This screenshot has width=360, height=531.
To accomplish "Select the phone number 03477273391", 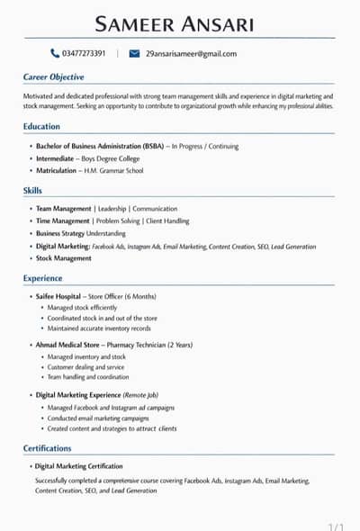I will point(91,54).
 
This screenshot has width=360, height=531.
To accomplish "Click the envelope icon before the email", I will point(134,54).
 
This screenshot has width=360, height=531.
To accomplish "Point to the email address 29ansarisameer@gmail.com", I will point(191,54).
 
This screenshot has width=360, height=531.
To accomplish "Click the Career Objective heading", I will point(54,77).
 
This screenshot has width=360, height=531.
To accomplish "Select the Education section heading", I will point(41,127).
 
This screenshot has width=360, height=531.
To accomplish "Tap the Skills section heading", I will point(32,191).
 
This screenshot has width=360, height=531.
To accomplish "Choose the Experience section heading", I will point(42,279).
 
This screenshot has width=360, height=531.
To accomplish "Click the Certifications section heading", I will point(47,448).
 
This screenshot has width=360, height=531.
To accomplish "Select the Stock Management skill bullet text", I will point(64,258).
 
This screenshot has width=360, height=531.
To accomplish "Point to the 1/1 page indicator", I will point(337,526).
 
